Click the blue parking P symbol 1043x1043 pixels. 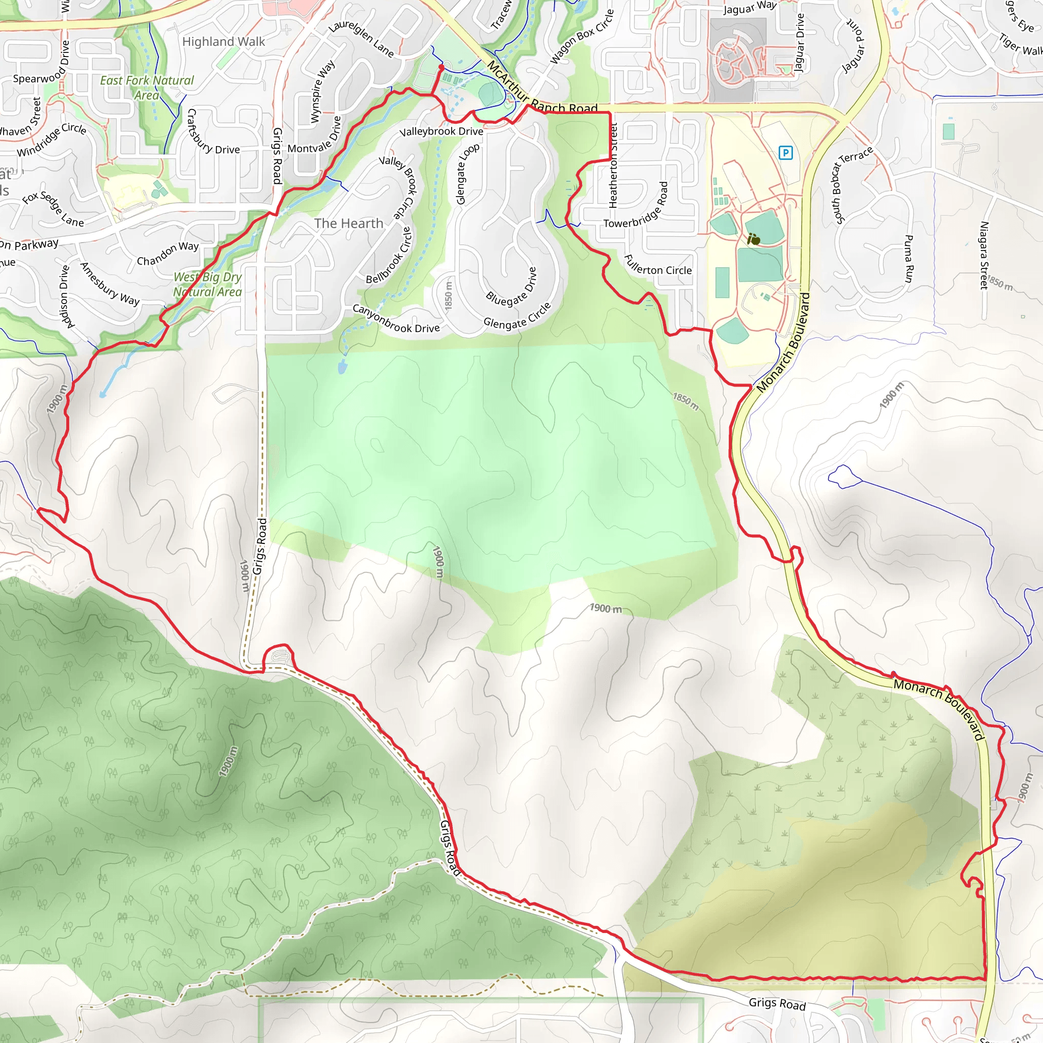785,153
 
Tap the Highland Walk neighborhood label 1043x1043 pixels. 224,42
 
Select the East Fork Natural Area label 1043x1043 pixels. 147,88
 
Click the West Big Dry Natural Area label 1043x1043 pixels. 207,285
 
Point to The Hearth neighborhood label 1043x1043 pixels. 349,224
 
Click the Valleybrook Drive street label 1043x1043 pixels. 441,131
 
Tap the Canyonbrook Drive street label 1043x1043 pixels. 396,318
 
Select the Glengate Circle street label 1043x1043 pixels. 517,316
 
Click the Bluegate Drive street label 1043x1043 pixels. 511,287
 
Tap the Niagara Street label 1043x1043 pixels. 983,255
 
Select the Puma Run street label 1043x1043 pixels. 909,258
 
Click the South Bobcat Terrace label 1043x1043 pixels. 853,185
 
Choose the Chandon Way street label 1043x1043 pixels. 168,254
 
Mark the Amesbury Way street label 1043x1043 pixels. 109,284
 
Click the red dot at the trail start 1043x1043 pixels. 441,67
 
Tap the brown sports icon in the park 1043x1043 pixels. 754,239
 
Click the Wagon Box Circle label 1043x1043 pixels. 582,37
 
